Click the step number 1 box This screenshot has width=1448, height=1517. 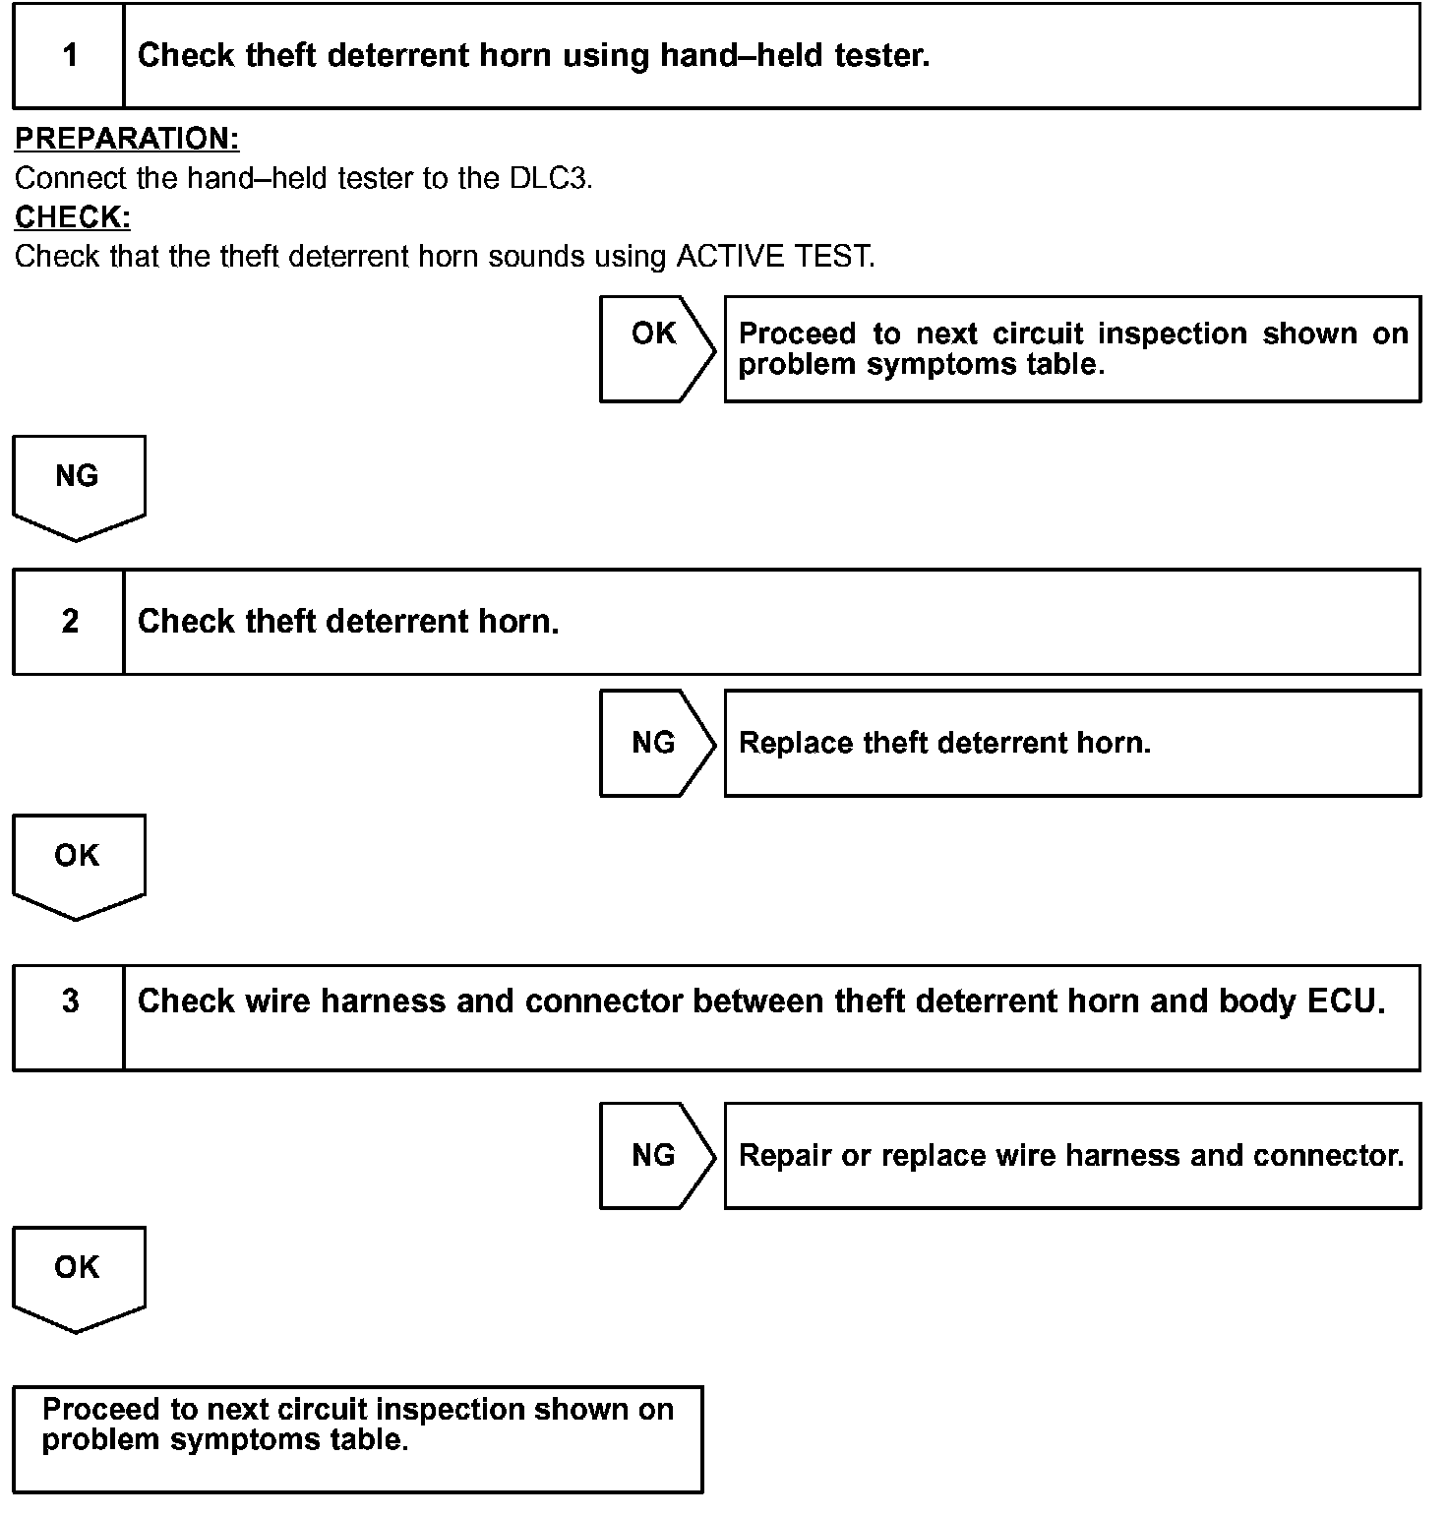pyautogui.click(x=69, y=55)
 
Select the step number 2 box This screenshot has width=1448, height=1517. pyautogui.click(x=69, y=622)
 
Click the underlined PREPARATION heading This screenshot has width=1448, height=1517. pyautogui.click(x=127, y=139)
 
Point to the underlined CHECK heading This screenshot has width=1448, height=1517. pyautogui.click(x=73, y=217)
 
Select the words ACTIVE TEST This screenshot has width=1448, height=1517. pyautogui.click(x=774, y=257)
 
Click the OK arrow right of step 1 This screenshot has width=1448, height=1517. pyautogui.click(x=655, y=348)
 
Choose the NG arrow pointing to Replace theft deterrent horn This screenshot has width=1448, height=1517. pyautogui.click(x=655, y=743)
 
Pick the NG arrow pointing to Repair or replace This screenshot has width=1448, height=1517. pyautogui.click(x=655, y=1155)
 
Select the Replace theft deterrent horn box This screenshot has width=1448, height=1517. pyautogui.click(x=1072, y=743)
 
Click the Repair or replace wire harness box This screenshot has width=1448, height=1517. pyautogui.click(x=1072, y=1155)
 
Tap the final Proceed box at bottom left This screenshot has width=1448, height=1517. pyautogui.click(x=358, y=1438)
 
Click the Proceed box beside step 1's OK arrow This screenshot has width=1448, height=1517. pyautogui.click(x=1072, y=348)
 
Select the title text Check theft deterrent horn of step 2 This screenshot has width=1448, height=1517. pyautogui.click(x=348, y=622)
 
